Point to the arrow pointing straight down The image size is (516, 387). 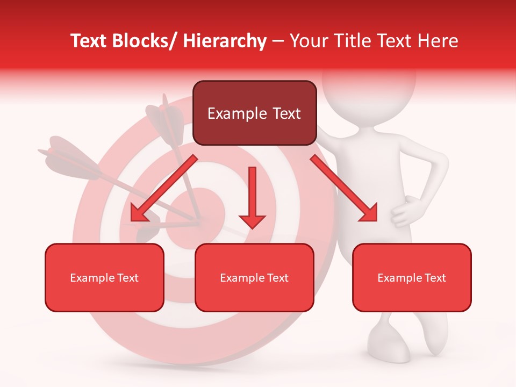pos(252,197)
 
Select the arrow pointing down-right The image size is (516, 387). pos(344,189)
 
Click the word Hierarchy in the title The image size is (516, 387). pos(225,41)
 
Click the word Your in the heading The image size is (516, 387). pos(307,41)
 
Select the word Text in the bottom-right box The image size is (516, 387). pos(434,278)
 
